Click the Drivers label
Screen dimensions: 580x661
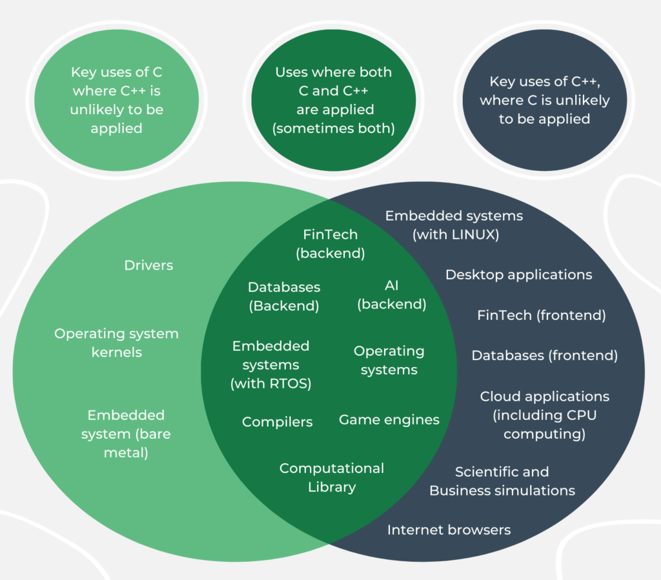[x=148, y=265]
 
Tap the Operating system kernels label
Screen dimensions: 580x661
[x=116, y=343]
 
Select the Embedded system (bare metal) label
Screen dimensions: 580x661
[x=126, y=434]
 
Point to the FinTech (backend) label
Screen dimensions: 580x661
[x=330, y=244]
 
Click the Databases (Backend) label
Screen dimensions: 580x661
[x=284, y=296]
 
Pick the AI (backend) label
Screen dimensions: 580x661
[x=392, y=294]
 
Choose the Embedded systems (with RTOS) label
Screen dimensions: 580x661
[x=271, y=365]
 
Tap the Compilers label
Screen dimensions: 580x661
[x=277, y=422]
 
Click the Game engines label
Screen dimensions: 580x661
[x=389, y=420]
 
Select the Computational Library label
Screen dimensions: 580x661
[x=332, y=477]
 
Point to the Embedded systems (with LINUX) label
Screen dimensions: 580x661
[x=454, y=225]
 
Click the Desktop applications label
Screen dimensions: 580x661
[x=518, y=275]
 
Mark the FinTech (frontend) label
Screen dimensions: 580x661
[x=542, y=315]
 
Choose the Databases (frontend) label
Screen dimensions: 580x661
[x=545, y=355]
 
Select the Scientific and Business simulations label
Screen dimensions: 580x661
[x=502, y=481]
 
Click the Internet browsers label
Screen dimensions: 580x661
[x=449, y=530]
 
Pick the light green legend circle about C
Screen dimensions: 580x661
[x=117, y=100]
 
